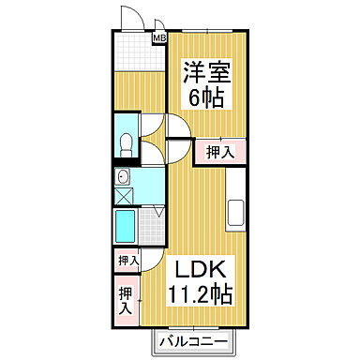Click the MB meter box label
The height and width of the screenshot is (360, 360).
click(x=159, y=37)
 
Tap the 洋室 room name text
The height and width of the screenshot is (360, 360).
click(x=208, y=71)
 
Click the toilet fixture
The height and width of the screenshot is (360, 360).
click(x=127, y=142)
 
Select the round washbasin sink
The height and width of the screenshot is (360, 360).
click(x=123, y=176)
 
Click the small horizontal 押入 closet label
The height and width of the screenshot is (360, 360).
click(x=127, y=261)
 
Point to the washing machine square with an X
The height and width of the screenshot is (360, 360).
click(x=125, y=196)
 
